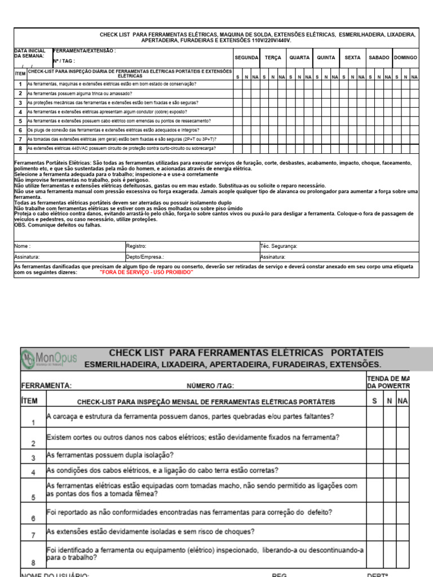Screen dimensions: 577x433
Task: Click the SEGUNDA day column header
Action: pyautogui.click(x=246, y=57)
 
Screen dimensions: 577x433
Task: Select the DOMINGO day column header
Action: pyautogui.click(x=406, y=57)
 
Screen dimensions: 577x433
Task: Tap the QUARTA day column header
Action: pyautogui.click(x=299, y=57)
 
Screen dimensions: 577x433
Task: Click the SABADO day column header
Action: pyautogui.click(x=379, y=57)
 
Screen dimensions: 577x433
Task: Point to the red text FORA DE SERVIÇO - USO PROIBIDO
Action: pyautogui.click(x=146, y=272)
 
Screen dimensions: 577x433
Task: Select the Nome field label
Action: pyautogui.click(x=23, y=246)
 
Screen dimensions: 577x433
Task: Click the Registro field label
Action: pyautogui.click(x=136, y=246)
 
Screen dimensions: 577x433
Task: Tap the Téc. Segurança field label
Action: pyautogui.click(x=279, y=246)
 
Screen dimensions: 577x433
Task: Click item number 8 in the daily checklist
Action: pyautogui.click(x=20, y=149)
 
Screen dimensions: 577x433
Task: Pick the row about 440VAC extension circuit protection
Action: pyautogui.click(x=121, y=149)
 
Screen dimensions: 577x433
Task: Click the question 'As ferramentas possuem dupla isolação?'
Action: pyautogui.click(x=110, y=455)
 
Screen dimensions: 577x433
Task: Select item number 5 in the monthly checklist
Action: pyautogui.click(x=33, y=497)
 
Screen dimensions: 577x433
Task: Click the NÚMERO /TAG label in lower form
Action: pyautogui.click(x=210, y=386)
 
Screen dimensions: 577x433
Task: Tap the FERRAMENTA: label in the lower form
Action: pyautogui.click(x=46, y=386)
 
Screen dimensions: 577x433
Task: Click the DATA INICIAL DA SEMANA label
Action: pyautogui.click(x=29, y=54)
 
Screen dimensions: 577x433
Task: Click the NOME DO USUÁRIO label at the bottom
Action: pyautogui.click(x=55, y=574)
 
